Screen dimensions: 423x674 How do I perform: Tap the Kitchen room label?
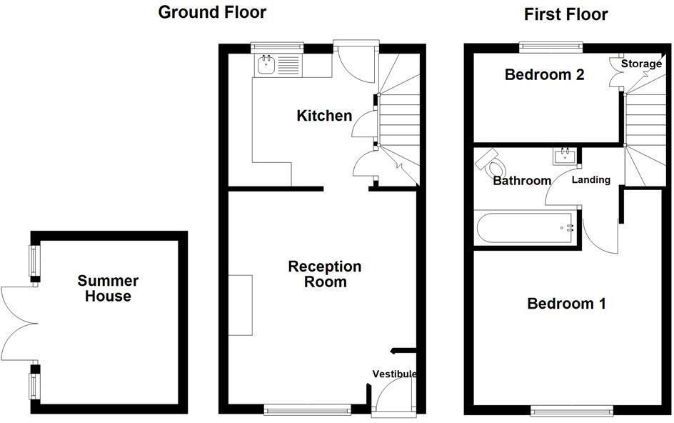(324, 115)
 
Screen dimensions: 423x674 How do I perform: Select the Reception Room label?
(324, 274)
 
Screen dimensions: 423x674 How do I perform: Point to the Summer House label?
(108, 288)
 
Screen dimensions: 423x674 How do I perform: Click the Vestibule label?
(393, 374)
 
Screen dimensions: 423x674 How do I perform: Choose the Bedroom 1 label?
(566, 304)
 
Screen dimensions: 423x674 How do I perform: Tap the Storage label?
(640, 64)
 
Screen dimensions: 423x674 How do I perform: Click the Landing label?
(591, 179)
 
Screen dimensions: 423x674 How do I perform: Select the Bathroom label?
(522, 181)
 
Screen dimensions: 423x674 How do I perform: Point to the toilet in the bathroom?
(492, 164)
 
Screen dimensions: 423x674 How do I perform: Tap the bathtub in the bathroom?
(526, 228)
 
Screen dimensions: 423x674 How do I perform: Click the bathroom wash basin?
(565, 154)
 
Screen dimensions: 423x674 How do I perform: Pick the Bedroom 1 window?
(570, 410)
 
